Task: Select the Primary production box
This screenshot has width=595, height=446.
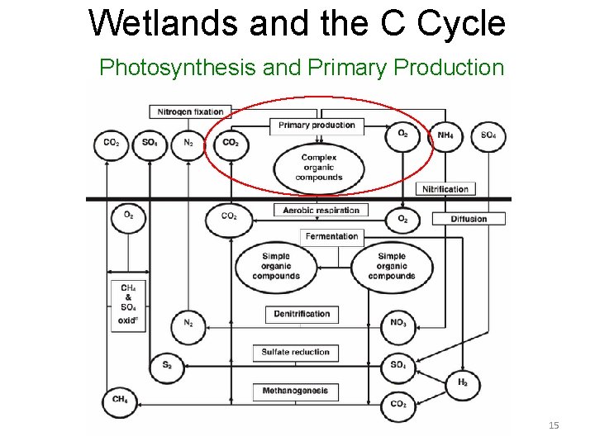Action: point(317,126)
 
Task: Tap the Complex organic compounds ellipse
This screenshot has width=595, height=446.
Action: point(318,167)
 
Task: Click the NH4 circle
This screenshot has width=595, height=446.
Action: point(445,136)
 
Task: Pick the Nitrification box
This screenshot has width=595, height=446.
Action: point(445,189)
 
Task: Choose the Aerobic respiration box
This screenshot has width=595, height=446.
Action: point(321,210)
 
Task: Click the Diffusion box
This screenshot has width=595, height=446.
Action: point(469,219)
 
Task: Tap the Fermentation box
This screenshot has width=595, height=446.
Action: point(331,236)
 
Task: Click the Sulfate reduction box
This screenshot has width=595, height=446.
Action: point(295,352)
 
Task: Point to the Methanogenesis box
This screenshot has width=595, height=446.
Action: point(295,391)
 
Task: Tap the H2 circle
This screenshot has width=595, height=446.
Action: point(462,384)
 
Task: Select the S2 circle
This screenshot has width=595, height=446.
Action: point(168,365)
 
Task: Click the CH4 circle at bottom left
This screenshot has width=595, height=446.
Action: point(120,401)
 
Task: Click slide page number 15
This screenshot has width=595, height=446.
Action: point(554,425)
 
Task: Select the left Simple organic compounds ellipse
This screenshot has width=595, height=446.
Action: point(275,266)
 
